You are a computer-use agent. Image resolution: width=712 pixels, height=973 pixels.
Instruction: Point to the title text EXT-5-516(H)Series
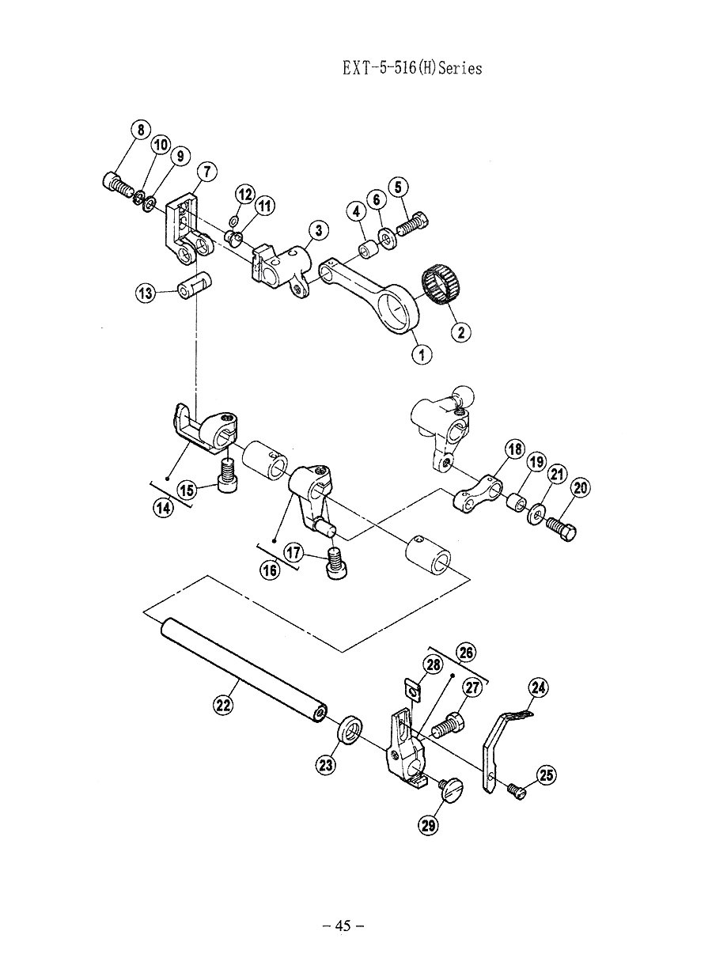412,67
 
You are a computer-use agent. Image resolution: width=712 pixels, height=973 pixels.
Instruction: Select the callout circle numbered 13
145,294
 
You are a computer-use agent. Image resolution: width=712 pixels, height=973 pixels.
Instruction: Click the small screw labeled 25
517,789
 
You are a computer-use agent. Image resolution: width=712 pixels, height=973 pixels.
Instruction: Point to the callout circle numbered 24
537,687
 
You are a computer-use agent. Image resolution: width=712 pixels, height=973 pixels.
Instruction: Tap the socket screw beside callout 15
227,475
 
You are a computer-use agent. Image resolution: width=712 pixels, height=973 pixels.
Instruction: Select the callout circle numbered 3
318,231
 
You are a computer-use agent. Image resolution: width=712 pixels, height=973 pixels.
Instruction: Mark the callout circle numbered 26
466,653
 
